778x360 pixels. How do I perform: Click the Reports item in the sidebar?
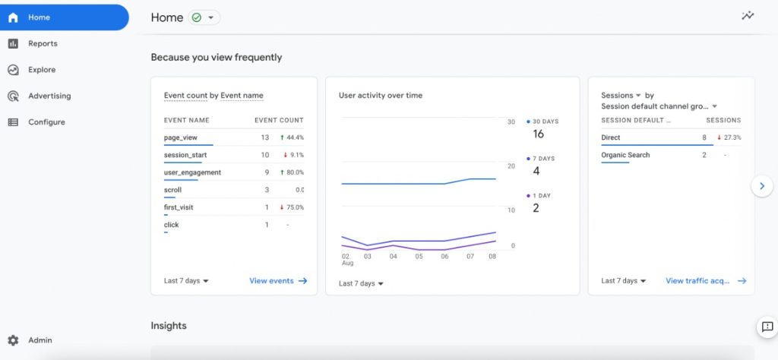point(43,43)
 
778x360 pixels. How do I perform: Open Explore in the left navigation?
point(42,70)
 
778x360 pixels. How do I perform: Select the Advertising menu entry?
point(49,96)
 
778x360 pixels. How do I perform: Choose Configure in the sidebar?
point(46,122)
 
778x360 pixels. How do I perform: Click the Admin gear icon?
point(13,340)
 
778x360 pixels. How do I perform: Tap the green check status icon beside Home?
point(197,18)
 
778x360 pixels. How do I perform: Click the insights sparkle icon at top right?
point(748,16)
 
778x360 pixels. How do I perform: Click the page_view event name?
point(181,137)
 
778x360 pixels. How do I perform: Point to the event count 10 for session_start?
point(265,155)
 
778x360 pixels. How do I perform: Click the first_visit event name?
point(179,207)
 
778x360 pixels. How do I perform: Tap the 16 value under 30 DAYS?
point(539,134)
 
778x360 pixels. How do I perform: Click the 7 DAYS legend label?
point(543,159)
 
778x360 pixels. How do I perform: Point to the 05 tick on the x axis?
point(419,257)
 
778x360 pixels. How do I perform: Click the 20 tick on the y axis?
point(511,166)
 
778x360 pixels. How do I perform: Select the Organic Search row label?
point(625,155)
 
